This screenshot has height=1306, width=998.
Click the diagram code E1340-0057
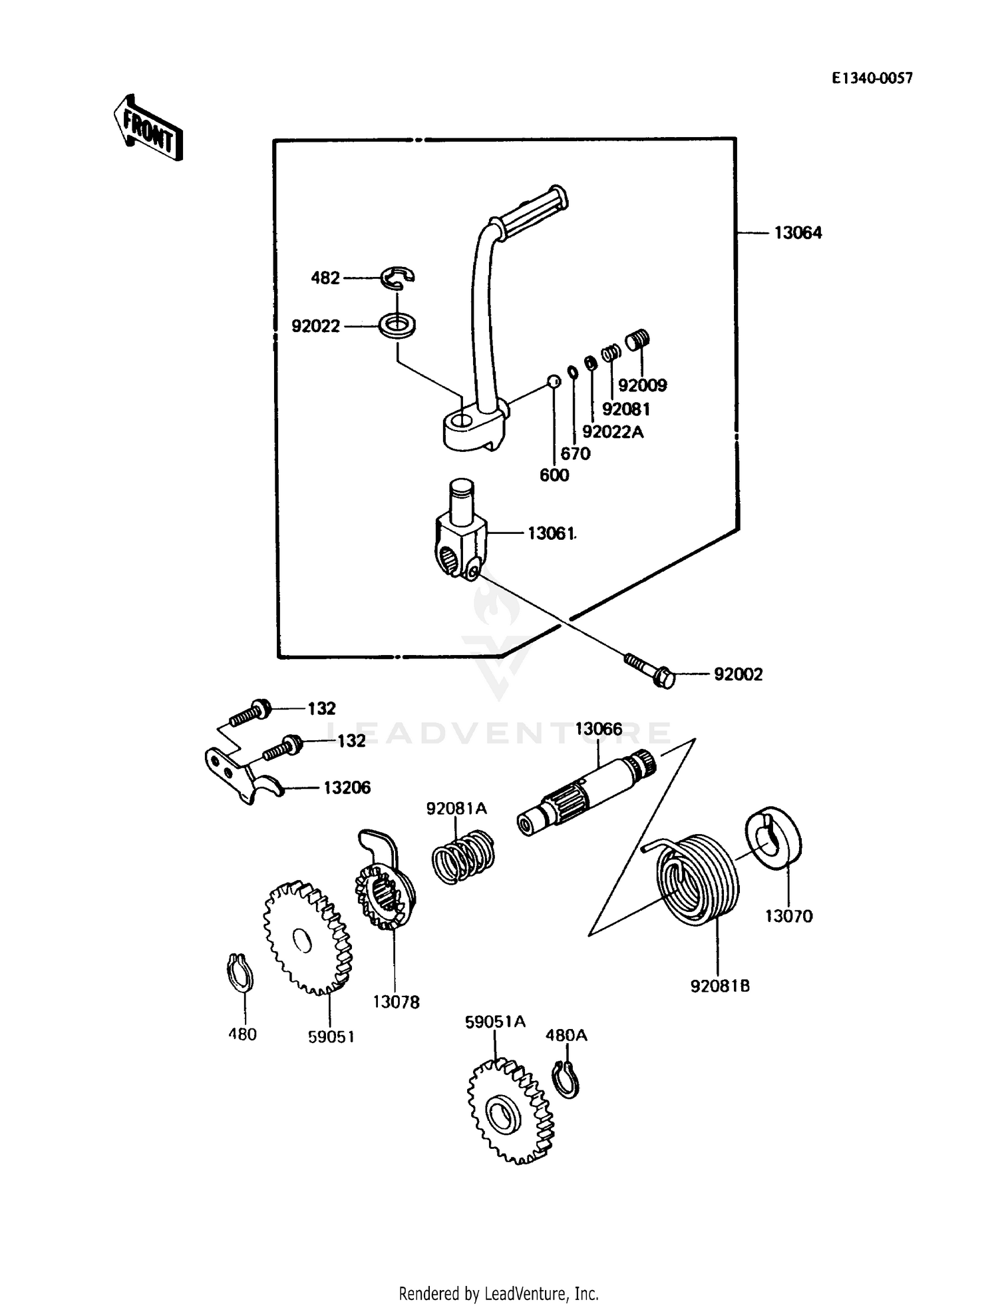pos(872,79)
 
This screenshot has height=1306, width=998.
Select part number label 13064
pos(798,233)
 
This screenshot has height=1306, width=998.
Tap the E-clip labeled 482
pos(397,278)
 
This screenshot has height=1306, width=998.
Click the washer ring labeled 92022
pos(397,326)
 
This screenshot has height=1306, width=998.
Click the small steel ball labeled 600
pos(553,381)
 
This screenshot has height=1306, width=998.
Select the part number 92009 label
pos(642,385)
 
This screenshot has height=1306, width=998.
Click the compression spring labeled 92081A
pos(463,859)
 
